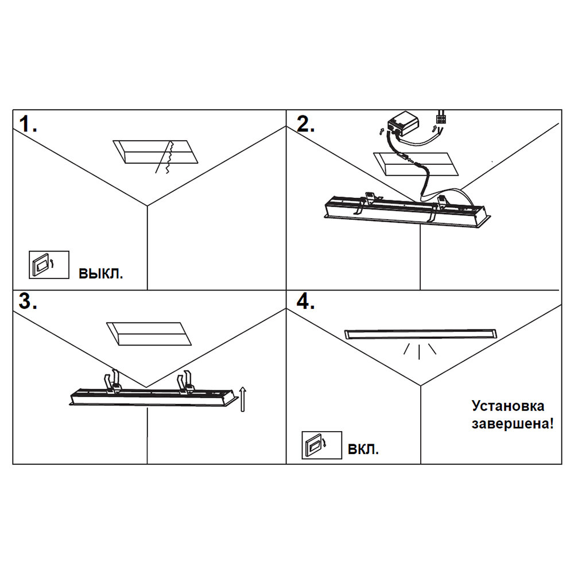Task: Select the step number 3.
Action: pos(27,302)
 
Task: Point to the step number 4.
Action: pos(305,302)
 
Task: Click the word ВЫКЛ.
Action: pos(100,273)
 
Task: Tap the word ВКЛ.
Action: pos(363,449)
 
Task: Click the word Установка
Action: pos(508,406)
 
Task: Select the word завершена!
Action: pos(513,425)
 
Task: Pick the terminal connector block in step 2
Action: pos(442,119)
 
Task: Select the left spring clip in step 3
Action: pos(111,382)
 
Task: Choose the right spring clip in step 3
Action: pos(186,383)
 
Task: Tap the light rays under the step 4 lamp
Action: pos(420,350)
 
